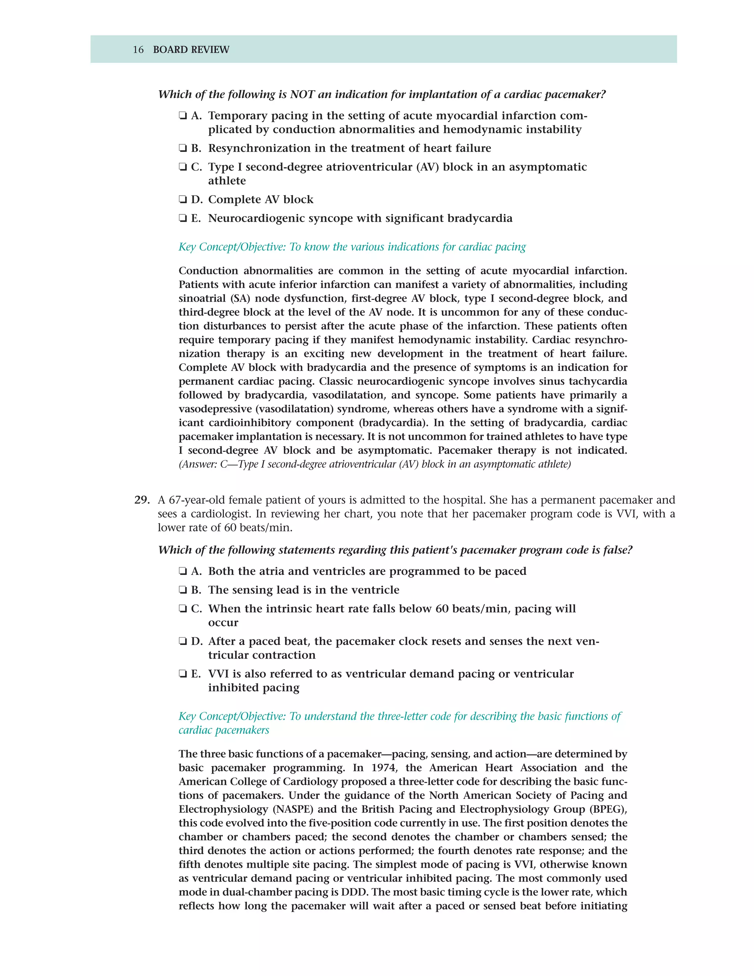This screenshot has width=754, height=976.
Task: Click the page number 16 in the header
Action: (x=138, y=50)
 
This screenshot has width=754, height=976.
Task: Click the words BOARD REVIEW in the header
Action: (x=191, y=50)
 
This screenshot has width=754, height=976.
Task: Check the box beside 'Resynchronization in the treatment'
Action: (x=182, y=148)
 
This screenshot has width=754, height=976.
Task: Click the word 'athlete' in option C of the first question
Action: (x=227, y=181)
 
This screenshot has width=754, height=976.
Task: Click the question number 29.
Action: (x=142, y=500)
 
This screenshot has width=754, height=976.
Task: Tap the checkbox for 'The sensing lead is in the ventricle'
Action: (x=182, y=590)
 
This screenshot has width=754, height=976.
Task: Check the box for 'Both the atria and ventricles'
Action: (x=182, y=572)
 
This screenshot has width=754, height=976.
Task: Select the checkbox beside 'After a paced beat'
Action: (x=182, y=642)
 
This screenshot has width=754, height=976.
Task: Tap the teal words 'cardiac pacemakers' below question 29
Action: (x=224, y=730)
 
